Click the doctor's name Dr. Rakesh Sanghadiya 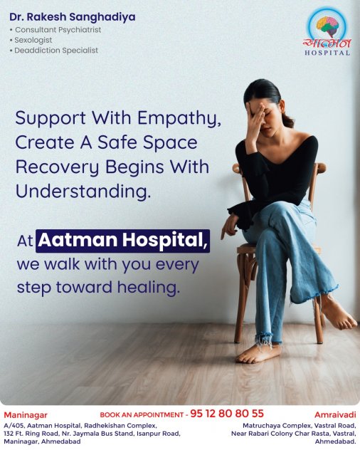73,17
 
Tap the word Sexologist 33,40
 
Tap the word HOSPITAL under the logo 327,53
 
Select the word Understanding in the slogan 83,192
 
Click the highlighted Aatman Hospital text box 122,241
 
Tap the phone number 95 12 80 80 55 227,413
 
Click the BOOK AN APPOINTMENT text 142,414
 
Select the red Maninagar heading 26,415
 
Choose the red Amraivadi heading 335,414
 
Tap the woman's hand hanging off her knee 230,226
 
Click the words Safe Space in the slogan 147,142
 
